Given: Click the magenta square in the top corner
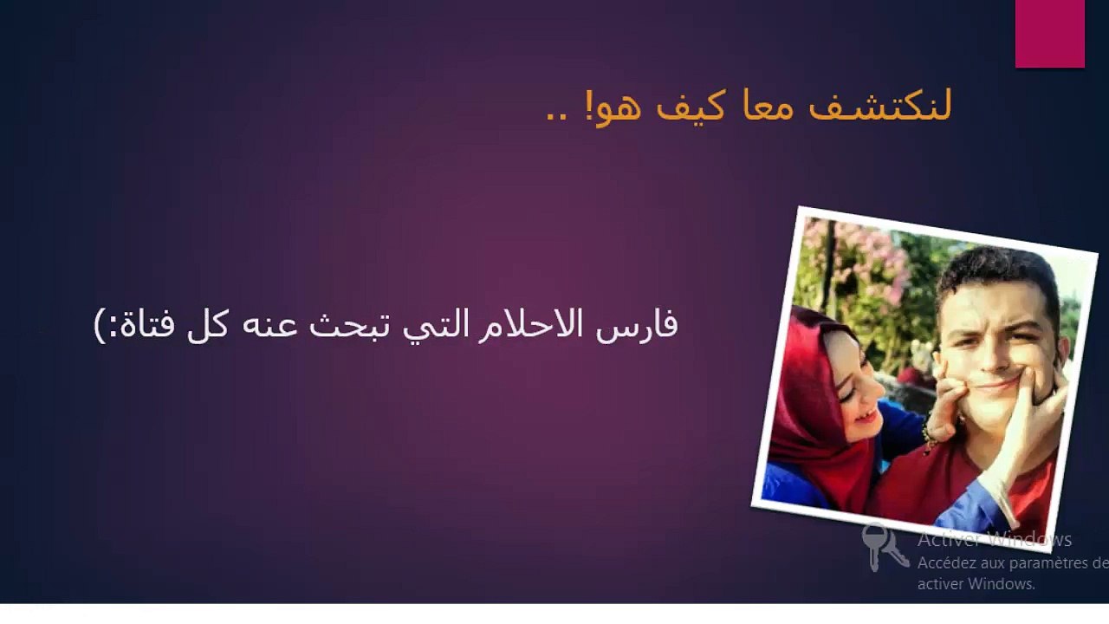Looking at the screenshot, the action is pyautogui.click(x=1049, y=33).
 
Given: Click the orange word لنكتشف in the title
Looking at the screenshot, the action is pyautogui.click(x=880, y=106).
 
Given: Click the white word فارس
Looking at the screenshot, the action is pyautogui.click(x=637, y=325).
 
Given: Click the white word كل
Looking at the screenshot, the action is pyautogui.click(x=207, y=325).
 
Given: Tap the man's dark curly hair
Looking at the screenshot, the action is pyautogui.click(x=996, y=277).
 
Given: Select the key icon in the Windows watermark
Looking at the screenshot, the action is pyautogui.click(x=885, y=548).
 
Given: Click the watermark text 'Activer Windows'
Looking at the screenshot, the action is pyautogui.click(x=994, y=539).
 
